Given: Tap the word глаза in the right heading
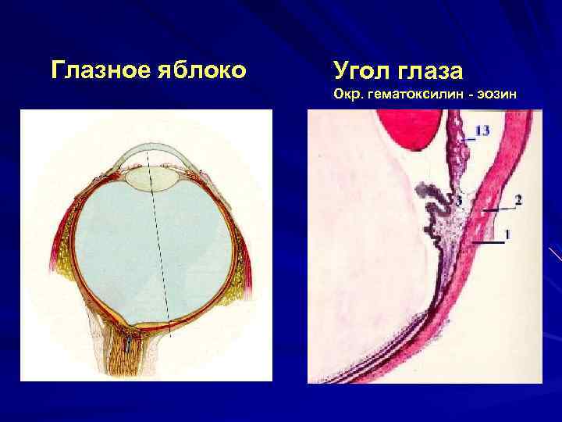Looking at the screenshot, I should pos(431,71).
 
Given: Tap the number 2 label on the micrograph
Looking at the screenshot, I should pos(518,200).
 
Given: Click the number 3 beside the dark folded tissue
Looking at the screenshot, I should pos(458,202).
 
